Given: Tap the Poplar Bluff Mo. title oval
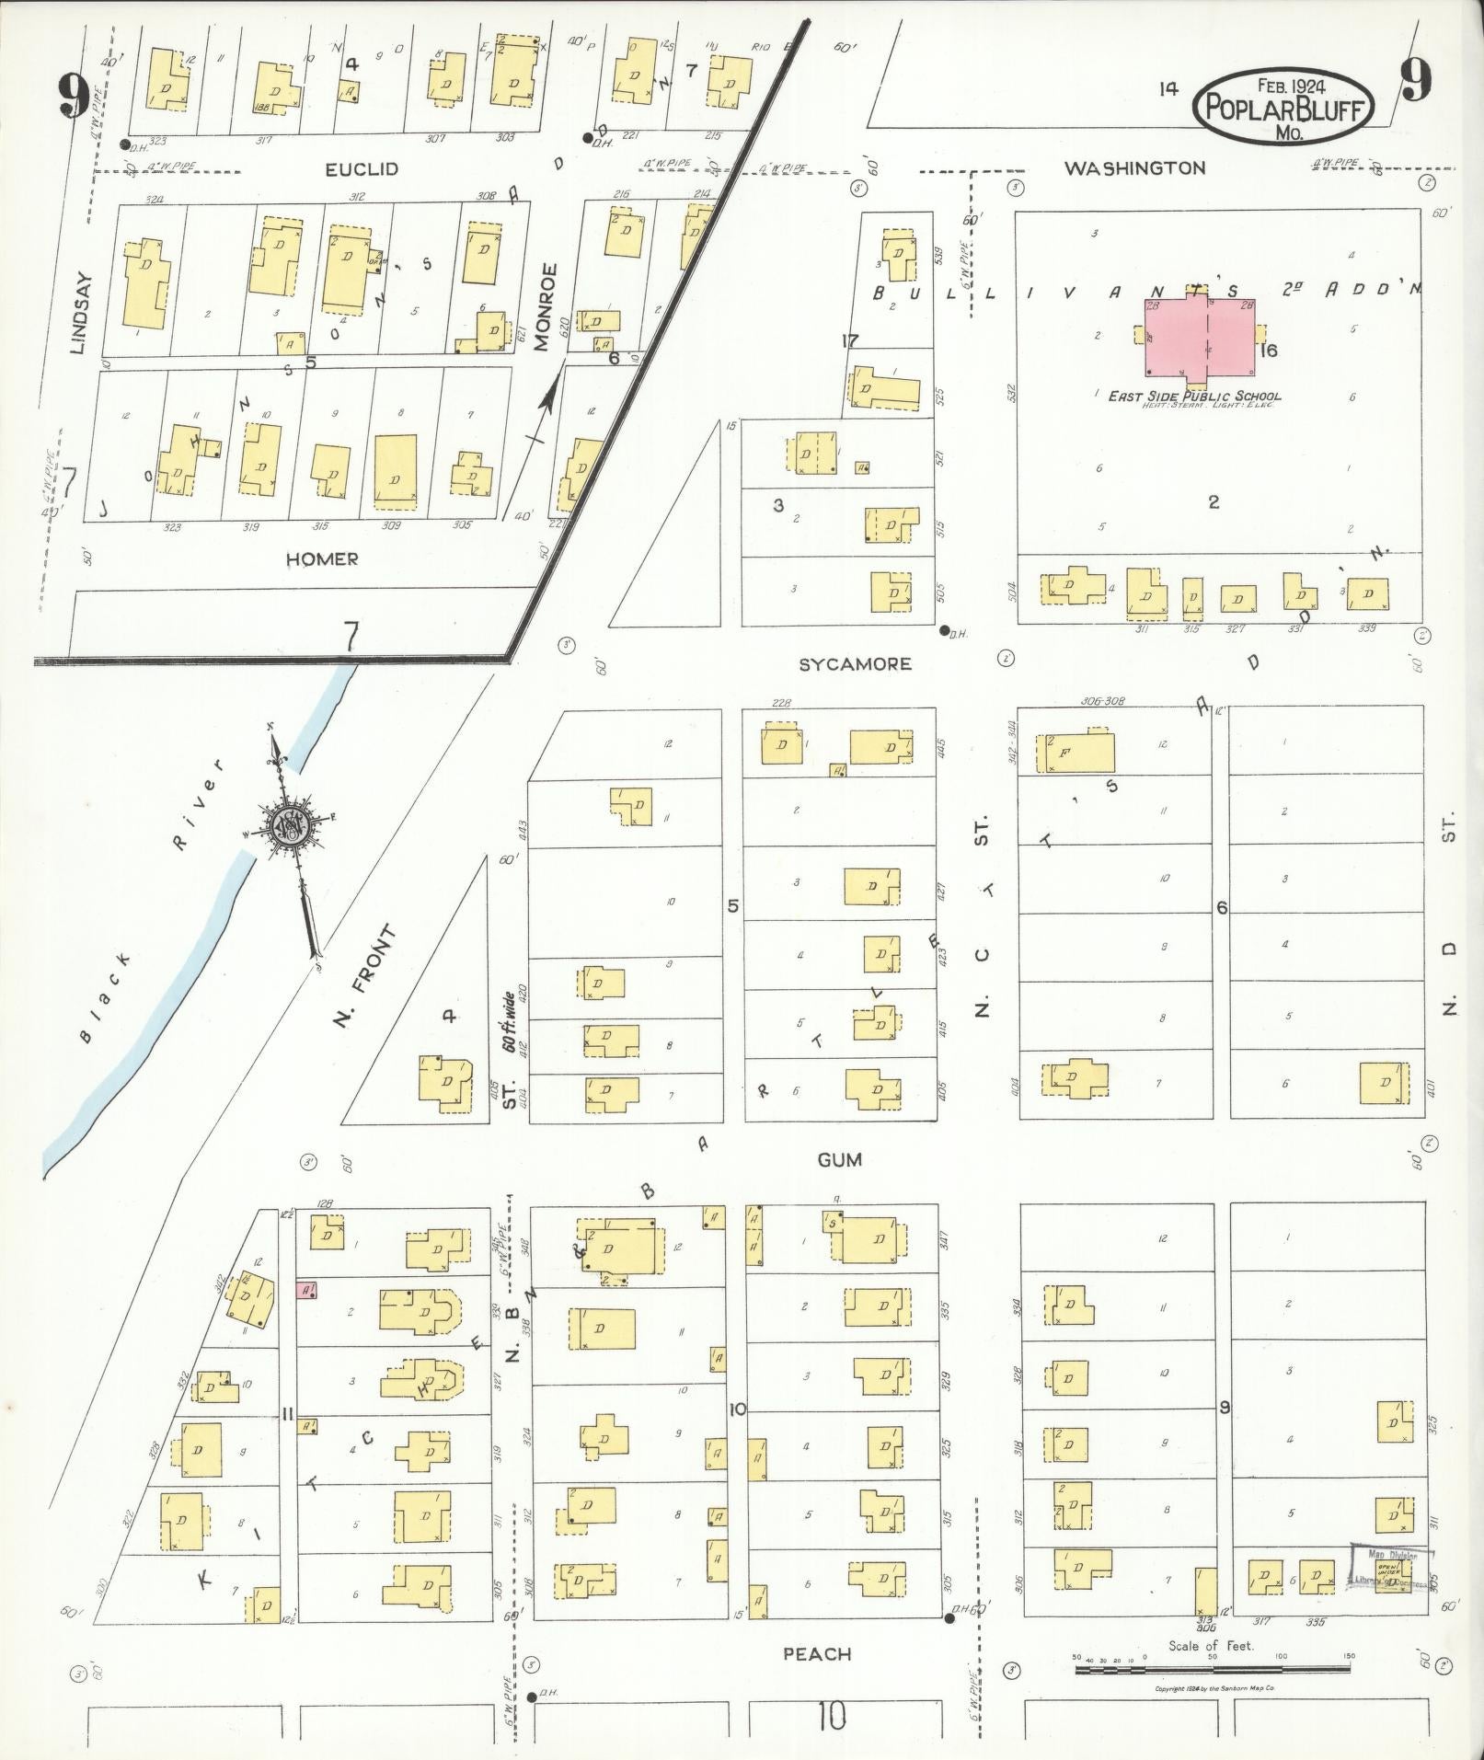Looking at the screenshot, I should (1284, 107).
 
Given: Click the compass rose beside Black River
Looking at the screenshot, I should (292, 822).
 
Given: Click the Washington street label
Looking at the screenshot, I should (1134, 168).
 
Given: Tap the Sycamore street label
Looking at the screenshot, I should (855, 663).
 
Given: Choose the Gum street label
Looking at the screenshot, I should (839, 1160).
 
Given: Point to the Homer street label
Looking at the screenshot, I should (321, 559).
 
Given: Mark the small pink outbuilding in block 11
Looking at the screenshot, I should (306, 1289).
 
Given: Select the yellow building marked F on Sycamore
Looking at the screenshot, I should (1075, 753).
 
